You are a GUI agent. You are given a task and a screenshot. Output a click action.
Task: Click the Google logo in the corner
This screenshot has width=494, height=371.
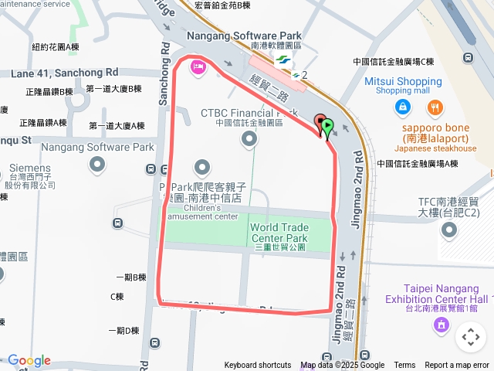[29, 360]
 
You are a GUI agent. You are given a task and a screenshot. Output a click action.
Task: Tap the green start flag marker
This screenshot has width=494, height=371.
[327, 125]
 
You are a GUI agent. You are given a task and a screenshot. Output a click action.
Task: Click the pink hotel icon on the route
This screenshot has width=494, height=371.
[198, 68]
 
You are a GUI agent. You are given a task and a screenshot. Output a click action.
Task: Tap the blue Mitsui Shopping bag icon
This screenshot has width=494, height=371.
[402, 107]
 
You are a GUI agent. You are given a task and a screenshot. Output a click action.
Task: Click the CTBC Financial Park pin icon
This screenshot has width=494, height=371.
[249, 139]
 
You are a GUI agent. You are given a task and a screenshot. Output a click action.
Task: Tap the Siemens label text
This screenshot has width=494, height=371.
[30, 168]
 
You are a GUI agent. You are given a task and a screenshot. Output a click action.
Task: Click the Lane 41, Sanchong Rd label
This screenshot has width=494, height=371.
[65, 73]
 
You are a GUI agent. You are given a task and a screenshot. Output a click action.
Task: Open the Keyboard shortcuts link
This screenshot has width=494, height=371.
[258, 366]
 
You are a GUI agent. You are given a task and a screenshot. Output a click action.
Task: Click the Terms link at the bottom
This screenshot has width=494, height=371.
[404, 366]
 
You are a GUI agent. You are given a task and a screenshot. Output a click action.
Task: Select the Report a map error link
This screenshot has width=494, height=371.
[456, 366]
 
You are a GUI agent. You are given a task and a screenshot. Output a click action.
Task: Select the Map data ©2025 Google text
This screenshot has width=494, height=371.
[342, 366]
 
